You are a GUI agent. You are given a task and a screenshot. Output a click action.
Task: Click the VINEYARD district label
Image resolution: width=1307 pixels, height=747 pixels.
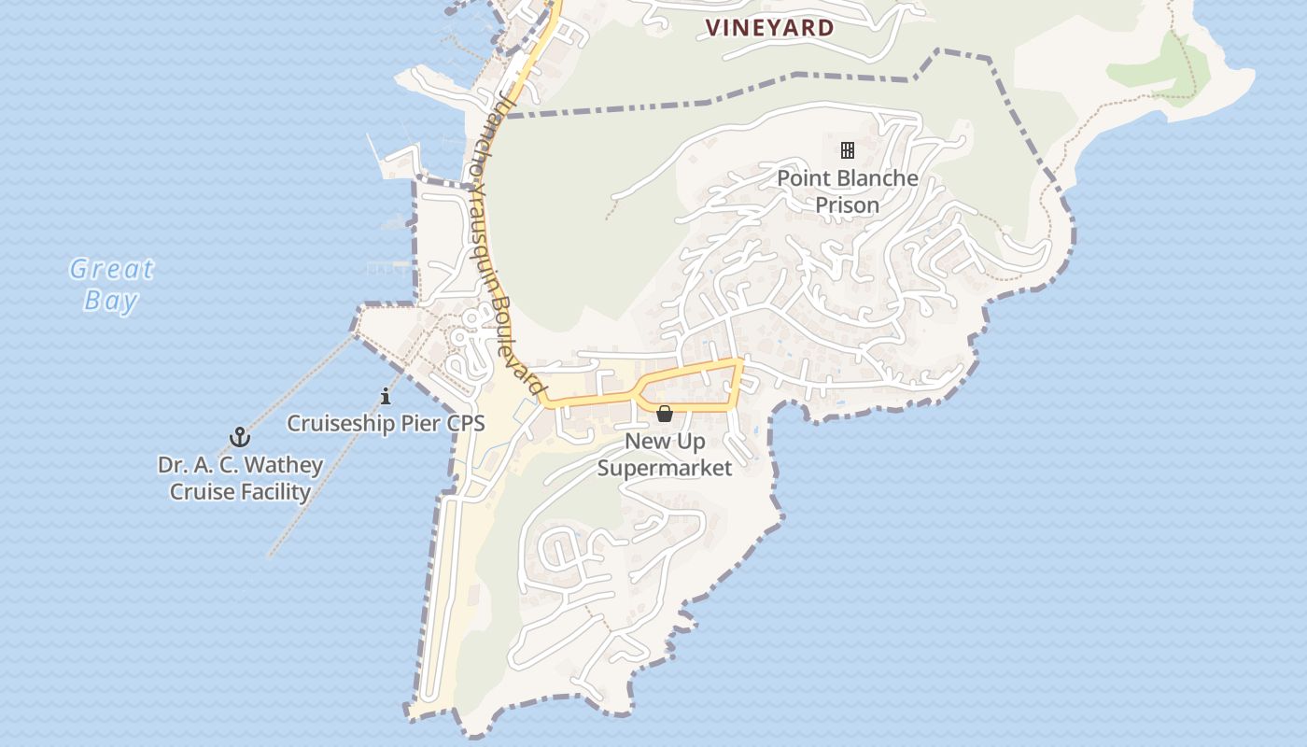coord(769,28)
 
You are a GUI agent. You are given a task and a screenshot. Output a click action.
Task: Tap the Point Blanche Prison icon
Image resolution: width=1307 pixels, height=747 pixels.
coord(848,149)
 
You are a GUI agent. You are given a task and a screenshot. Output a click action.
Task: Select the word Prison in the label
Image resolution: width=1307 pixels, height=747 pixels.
coord(848,204)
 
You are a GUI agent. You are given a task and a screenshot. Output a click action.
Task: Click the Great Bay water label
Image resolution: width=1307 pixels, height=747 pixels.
coord(111,285)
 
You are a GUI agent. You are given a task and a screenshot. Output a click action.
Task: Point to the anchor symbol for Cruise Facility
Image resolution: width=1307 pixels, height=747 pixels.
coord(240,437)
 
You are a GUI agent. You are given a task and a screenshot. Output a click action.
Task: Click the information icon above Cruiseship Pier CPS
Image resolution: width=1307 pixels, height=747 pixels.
coord(386,397)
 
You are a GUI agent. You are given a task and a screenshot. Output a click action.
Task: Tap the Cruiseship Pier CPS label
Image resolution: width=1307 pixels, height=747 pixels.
coord(386,423)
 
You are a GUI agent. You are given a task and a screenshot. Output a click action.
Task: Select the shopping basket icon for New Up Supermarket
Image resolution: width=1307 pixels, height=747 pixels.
coord(665,414)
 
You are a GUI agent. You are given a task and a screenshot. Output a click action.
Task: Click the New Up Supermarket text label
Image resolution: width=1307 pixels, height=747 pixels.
coord(665,454)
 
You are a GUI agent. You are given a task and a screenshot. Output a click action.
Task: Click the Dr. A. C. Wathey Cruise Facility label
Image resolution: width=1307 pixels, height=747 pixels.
coord(240,478)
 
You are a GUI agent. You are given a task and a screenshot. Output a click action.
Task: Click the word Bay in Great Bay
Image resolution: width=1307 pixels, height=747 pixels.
coord(111,301)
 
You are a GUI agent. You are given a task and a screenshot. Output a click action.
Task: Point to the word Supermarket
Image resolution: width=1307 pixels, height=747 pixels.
coord(665,468)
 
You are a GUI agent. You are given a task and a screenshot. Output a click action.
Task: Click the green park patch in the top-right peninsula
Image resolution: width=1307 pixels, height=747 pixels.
coord(1158,70)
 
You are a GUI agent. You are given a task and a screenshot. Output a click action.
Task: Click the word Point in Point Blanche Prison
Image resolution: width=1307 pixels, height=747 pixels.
coord(804,178)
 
